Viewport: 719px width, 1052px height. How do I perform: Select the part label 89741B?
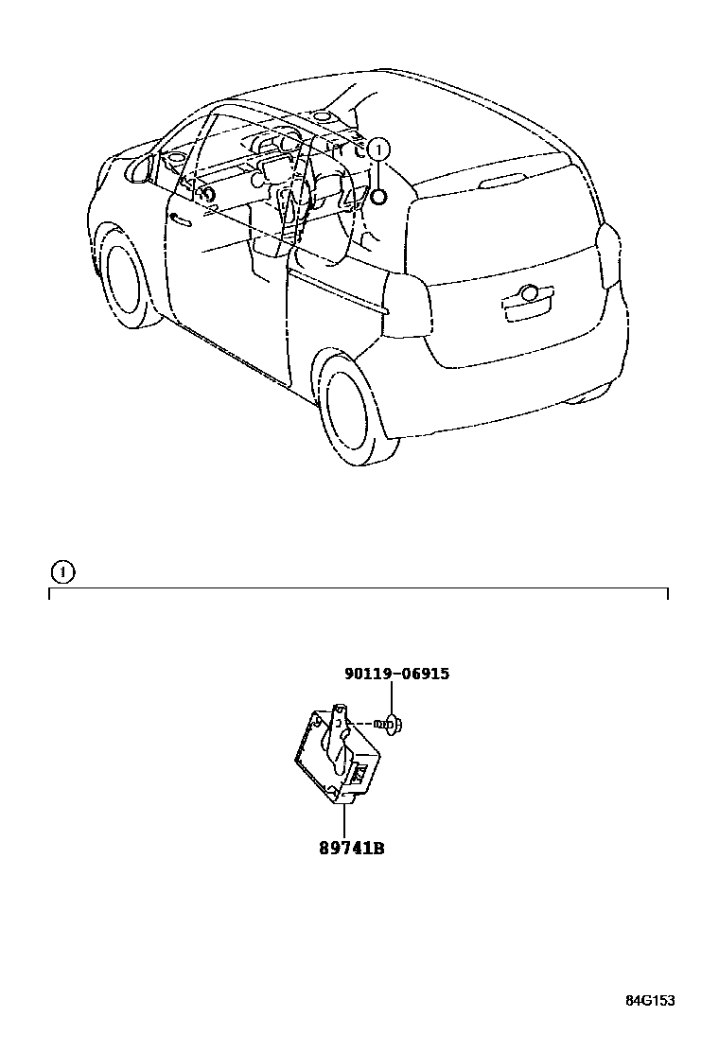coord(351,849)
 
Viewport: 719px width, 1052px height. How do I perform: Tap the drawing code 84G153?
coord(649,1001)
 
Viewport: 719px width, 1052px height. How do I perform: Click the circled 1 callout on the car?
coord(377,149)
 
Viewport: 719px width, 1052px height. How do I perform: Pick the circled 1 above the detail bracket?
coord(61,571)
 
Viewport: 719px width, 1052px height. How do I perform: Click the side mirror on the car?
coord(140,169)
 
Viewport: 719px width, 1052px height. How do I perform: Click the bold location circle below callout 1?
coord(377,197)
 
